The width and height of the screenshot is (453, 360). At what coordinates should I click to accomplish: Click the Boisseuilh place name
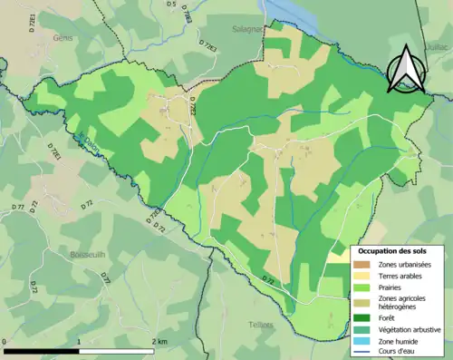click(88, 255)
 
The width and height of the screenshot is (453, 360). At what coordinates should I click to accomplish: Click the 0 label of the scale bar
click(5, 342)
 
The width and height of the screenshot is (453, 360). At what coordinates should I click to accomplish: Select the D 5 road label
click(171, 5)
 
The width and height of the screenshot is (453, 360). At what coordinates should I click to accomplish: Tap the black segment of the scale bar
click(41, 350)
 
